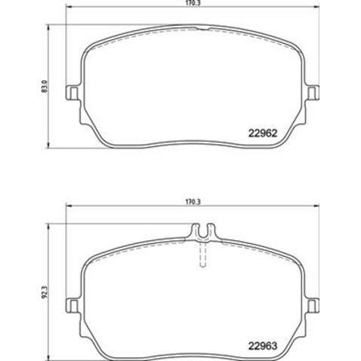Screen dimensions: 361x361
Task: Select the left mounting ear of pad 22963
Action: pyautogui.click(x=73, y=304)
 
